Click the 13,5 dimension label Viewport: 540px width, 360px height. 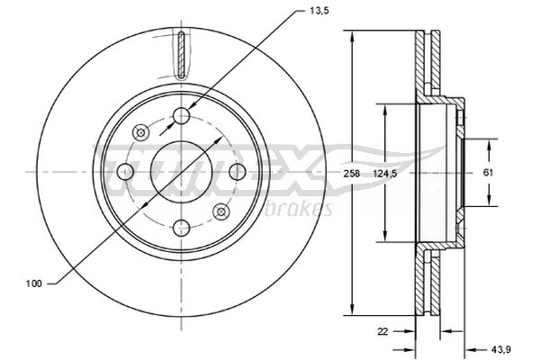pos(319,11)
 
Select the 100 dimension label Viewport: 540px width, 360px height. pos(34,283)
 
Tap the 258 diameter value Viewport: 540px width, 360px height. pos(352,174)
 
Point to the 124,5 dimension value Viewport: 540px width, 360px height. pos(385,174)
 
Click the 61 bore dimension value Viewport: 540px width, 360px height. pos(489,173)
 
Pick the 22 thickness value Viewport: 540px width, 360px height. pos(382,331)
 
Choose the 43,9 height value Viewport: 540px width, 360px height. pos(501,350)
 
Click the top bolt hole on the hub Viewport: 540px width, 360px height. pos(182,116)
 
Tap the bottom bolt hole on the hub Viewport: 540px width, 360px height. pos(182,228)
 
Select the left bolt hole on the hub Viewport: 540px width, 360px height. pos(126,172)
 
